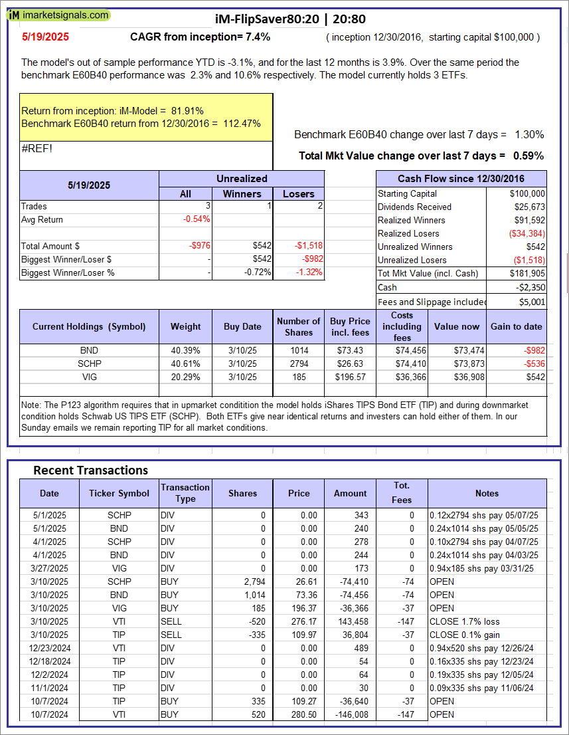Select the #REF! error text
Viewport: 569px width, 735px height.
pos(37,148)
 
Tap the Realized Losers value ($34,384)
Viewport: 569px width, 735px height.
pos(524,233)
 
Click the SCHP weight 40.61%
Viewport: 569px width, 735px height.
pos(185,364)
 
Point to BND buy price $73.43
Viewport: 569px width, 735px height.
pos(350,350)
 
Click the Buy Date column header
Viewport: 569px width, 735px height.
pos(242,326)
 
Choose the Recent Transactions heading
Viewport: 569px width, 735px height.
pos(90,471)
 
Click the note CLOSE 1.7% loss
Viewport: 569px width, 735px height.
pos(462,621)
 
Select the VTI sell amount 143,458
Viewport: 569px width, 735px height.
pos(350,621)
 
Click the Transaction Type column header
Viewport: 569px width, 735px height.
pos(185,493)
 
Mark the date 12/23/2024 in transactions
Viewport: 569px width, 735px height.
pos(49,648)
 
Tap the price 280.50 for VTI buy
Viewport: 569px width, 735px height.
pos(298,714)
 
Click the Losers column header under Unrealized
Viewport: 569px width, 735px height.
pos(299,193)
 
